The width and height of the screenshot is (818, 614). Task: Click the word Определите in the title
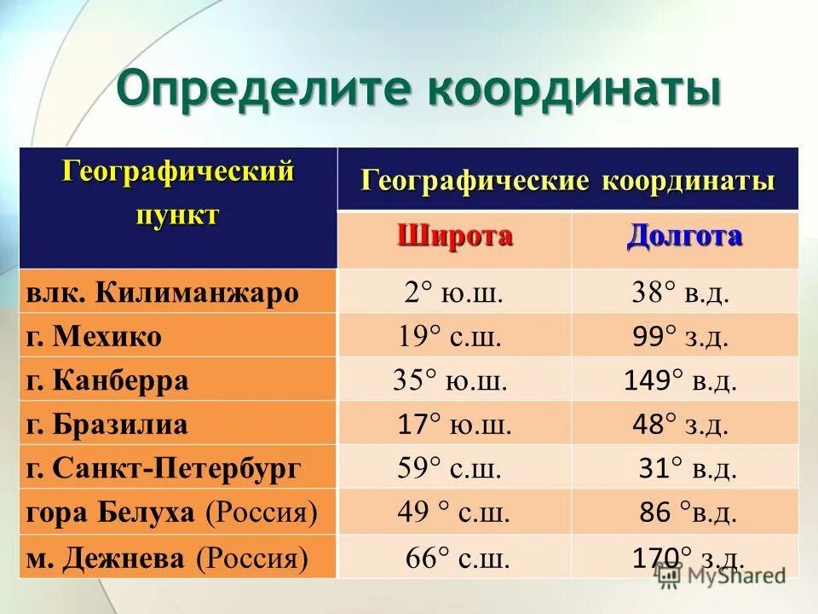(264, 89)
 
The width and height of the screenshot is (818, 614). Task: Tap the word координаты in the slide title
(575, 89)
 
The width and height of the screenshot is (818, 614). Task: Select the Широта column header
(454, 236)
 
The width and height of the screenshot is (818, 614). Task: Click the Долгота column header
(684, 236)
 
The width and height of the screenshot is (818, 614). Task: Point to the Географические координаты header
(567, 180)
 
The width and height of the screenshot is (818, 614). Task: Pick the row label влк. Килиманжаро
(162, 293)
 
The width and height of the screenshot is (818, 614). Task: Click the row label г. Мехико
(94, 337)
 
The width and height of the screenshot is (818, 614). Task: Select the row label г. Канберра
(107, 380)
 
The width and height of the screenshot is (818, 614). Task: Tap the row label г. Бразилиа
(107, 424)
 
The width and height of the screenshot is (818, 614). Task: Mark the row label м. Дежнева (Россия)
(167, 559)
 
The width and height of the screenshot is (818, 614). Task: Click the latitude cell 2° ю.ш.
(453, 293)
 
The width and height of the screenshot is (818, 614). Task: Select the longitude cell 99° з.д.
(681, 337)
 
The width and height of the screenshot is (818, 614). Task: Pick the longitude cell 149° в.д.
(680, 380)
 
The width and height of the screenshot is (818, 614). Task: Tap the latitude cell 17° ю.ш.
(454, 424)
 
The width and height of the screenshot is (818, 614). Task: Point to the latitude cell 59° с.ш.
(449, 467)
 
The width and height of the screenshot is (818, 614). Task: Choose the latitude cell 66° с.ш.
(458, 559)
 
